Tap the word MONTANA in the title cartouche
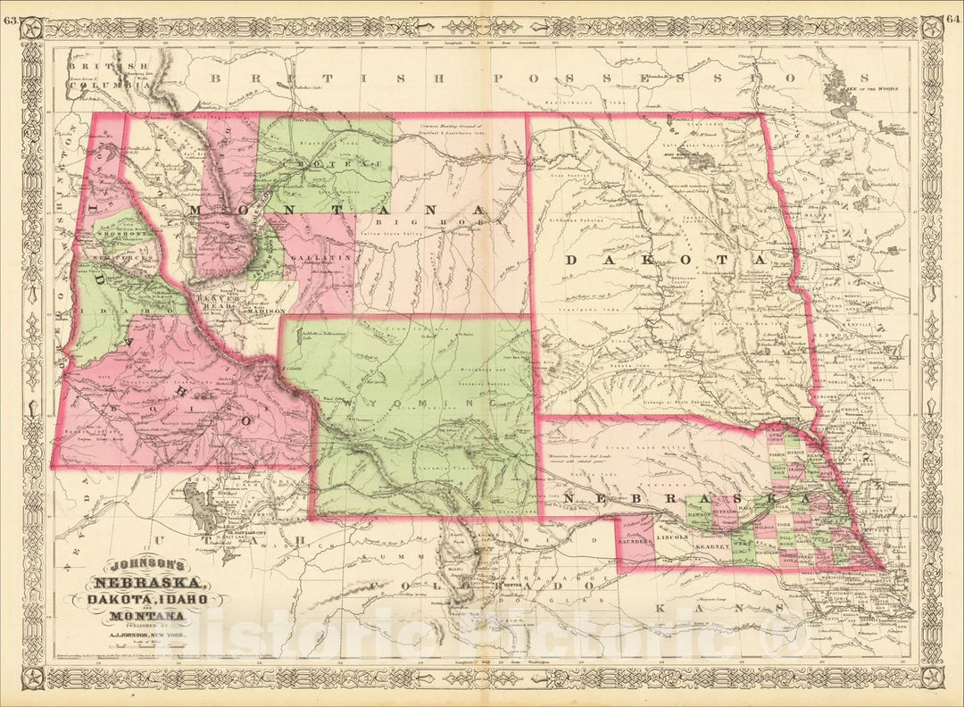point(147,615)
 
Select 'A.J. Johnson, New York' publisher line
point(148,636)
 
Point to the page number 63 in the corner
point(11,10)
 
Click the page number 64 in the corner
point(952,10)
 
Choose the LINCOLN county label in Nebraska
point(672,538)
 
